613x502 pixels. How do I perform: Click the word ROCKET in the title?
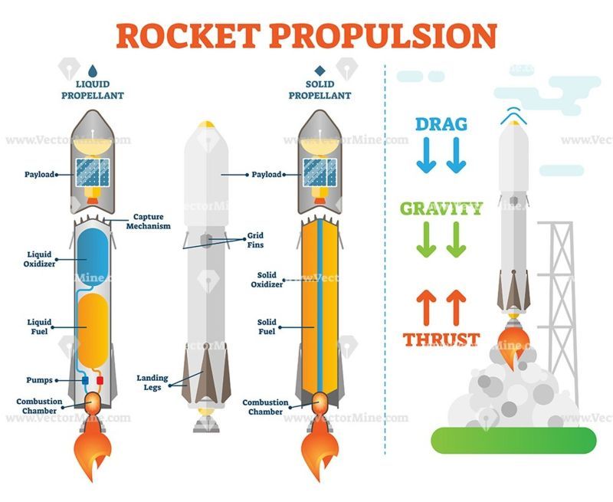pos(188,36)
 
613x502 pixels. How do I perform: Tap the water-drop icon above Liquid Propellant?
pos(93,71)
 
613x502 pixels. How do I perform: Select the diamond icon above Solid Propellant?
pos(320,71)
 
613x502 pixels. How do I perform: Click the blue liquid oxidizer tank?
pos(93,258)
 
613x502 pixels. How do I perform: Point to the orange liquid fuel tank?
pos(93,331)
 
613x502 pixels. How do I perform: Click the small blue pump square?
pos(85,380)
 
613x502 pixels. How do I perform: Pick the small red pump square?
pos(100,380)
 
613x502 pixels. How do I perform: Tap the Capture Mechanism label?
pos(149,221)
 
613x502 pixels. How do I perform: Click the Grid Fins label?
pos(255,240)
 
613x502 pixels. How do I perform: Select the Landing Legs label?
pos(152,382)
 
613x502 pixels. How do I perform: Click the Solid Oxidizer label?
pos(267,280)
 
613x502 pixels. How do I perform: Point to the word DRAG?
pos(441,124)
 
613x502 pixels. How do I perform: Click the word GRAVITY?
pos(441,208)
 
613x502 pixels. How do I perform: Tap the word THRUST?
pos(441,340)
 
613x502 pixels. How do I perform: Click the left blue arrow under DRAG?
pos(426,155)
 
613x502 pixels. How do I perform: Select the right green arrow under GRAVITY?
pos(456,239)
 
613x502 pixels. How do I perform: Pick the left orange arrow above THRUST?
pos(426,307)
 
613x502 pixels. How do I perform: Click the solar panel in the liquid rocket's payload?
pos(93,172)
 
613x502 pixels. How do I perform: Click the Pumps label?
pos(39,380)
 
